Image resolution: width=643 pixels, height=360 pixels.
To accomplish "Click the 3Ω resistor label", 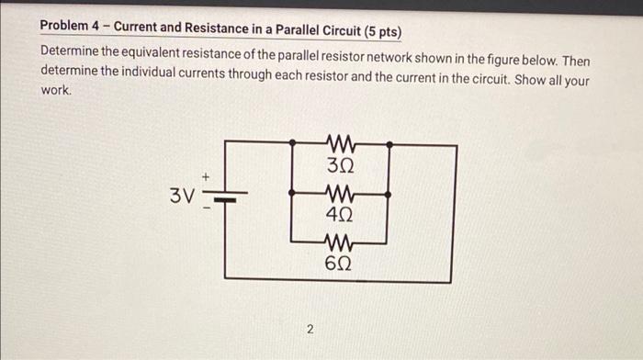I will point(340,168).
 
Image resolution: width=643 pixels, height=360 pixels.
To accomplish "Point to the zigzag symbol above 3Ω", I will point(340,143).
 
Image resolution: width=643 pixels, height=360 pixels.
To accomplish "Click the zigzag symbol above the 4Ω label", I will point(340,195).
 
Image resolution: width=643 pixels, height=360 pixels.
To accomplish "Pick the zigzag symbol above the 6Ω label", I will point(340,243).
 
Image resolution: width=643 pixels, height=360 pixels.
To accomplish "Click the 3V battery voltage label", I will point(182,195).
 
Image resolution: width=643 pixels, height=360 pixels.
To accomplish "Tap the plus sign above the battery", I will point(207,174).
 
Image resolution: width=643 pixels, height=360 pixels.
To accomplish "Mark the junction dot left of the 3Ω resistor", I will point(292,144).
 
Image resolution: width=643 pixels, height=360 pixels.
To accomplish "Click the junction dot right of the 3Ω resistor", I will point(389,144).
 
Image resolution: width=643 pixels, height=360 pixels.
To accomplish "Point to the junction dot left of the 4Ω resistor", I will point(292,195).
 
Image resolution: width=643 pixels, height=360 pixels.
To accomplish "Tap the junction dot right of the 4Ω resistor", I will point(389,195).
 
